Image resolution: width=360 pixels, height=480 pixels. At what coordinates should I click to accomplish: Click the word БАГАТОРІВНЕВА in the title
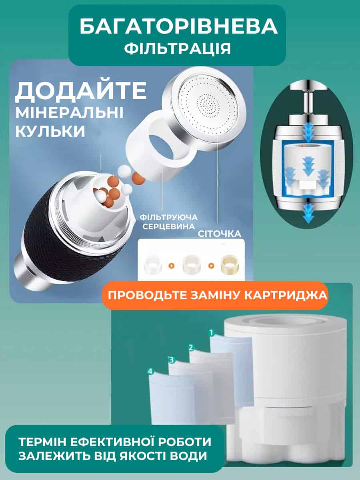point(178,26)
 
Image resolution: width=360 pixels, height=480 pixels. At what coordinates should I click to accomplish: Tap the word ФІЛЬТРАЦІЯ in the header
point(178,48)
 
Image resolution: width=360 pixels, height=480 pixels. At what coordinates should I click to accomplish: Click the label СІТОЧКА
point(220,234)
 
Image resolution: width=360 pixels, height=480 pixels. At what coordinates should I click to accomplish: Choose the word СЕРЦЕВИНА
point(168,226)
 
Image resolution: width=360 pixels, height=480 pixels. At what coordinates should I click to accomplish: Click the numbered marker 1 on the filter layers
point(211,333)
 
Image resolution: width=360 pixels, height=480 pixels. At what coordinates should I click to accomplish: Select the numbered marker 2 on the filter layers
point(191,348)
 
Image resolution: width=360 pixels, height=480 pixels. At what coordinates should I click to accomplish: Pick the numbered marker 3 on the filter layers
point(171,360)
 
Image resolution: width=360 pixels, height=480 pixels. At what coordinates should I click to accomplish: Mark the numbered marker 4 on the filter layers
point(151,371)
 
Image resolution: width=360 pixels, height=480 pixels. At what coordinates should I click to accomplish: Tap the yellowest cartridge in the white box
point(230,264)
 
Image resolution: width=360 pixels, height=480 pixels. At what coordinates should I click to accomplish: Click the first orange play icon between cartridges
point(172,266)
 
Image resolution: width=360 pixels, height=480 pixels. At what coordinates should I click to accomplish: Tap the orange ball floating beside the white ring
point(138,178)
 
